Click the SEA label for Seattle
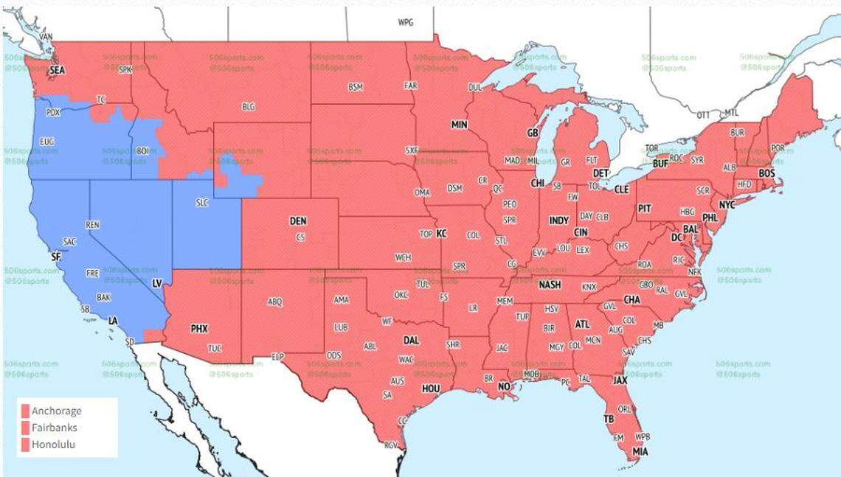pos(57,70)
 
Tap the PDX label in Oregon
pos(53,113)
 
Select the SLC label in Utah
pos(202,202)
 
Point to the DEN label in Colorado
pos(298,221)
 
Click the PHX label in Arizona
pos(199,328)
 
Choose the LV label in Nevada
pos(156,283)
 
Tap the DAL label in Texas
pos(411,341)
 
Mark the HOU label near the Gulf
pos(431,388)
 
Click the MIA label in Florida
pos(640,451)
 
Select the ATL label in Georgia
pos(582,324)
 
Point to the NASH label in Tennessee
pos(550,285)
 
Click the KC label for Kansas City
pos(441,233)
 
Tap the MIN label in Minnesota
pos(459,125)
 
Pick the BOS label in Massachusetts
pos(766,173)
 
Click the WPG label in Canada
pos(406,22)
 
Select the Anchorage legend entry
pos(56,411)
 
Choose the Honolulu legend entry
pos(53,445)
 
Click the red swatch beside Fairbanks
pos(25,428)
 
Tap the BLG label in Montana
pos(249,107)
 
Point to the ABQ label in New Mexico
pos(274,302)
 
